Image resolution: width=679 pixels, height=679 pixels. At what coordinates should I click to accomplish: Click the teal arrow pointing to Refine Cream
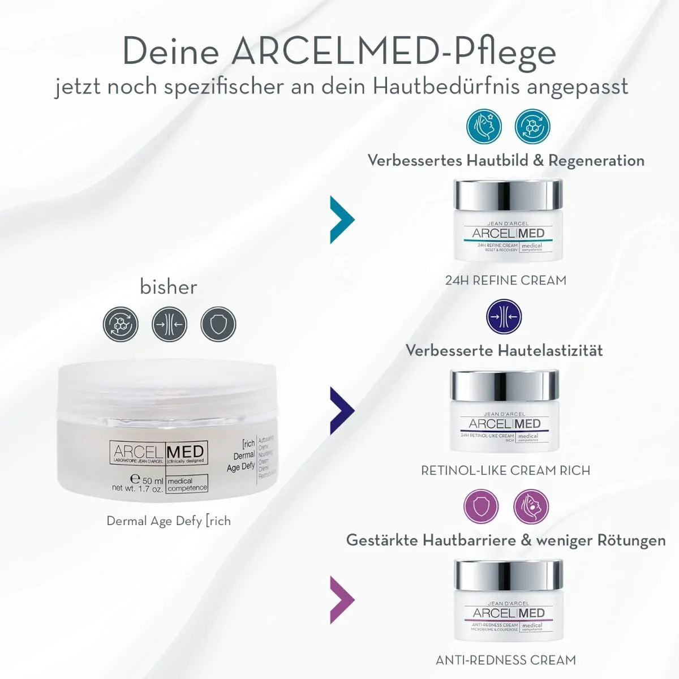341,220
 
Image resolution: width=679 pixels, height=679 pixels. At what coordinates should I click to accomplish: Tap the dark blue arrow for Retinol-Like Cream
341,411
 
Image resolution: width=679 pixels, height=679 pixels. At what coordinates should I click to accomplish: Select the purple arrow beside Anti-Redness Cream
341,599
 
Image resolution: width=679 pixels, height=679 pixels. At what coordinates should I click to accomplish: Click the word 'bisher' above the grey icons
169,287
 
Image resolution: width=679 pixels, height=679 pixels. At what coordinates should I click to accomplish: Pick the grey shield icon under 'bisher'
218,324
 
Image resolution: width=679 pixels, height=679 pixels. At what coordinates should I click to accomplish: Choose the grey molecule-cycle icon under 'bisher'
121,324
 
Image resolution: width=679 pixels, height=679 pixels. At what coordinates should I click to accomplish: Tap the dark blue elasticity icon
504,317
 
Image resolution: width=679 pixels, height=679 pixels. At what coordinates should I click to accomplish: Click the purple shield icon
481,506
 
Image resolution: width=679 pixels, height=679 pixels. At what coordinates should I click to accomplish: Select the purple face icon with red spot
531,506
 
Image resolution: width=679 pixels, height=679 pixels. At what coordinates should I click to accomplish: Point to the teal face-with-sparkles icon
484,127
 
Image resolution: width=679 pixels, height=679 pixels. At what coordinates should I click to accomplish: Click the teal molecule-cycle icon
532,127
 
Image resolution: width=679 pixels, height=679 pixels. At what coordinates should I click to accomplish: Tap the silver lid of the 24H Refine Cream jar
508,195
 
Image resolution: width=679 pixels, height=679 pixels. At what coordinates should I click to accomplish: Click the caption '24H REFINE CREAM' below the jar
505,280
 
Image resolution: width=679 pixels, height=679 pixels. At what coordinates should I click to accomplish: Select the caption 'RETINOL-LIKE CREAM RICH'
505,470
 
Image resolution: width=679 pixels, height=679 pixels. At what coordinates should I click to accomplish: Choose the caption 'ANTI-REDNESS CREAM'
505,660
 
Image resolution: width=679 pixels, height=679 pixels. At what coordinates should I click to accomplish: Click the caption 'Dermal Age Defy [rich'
169,521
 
